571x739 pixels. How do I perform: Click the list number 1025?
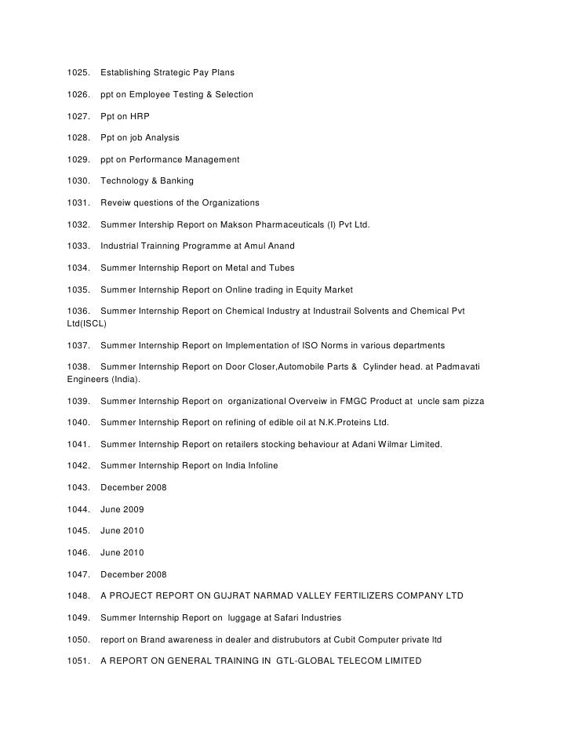coord(80,73)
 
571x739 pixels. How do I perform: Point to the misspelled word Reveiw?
coord(116,203)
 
